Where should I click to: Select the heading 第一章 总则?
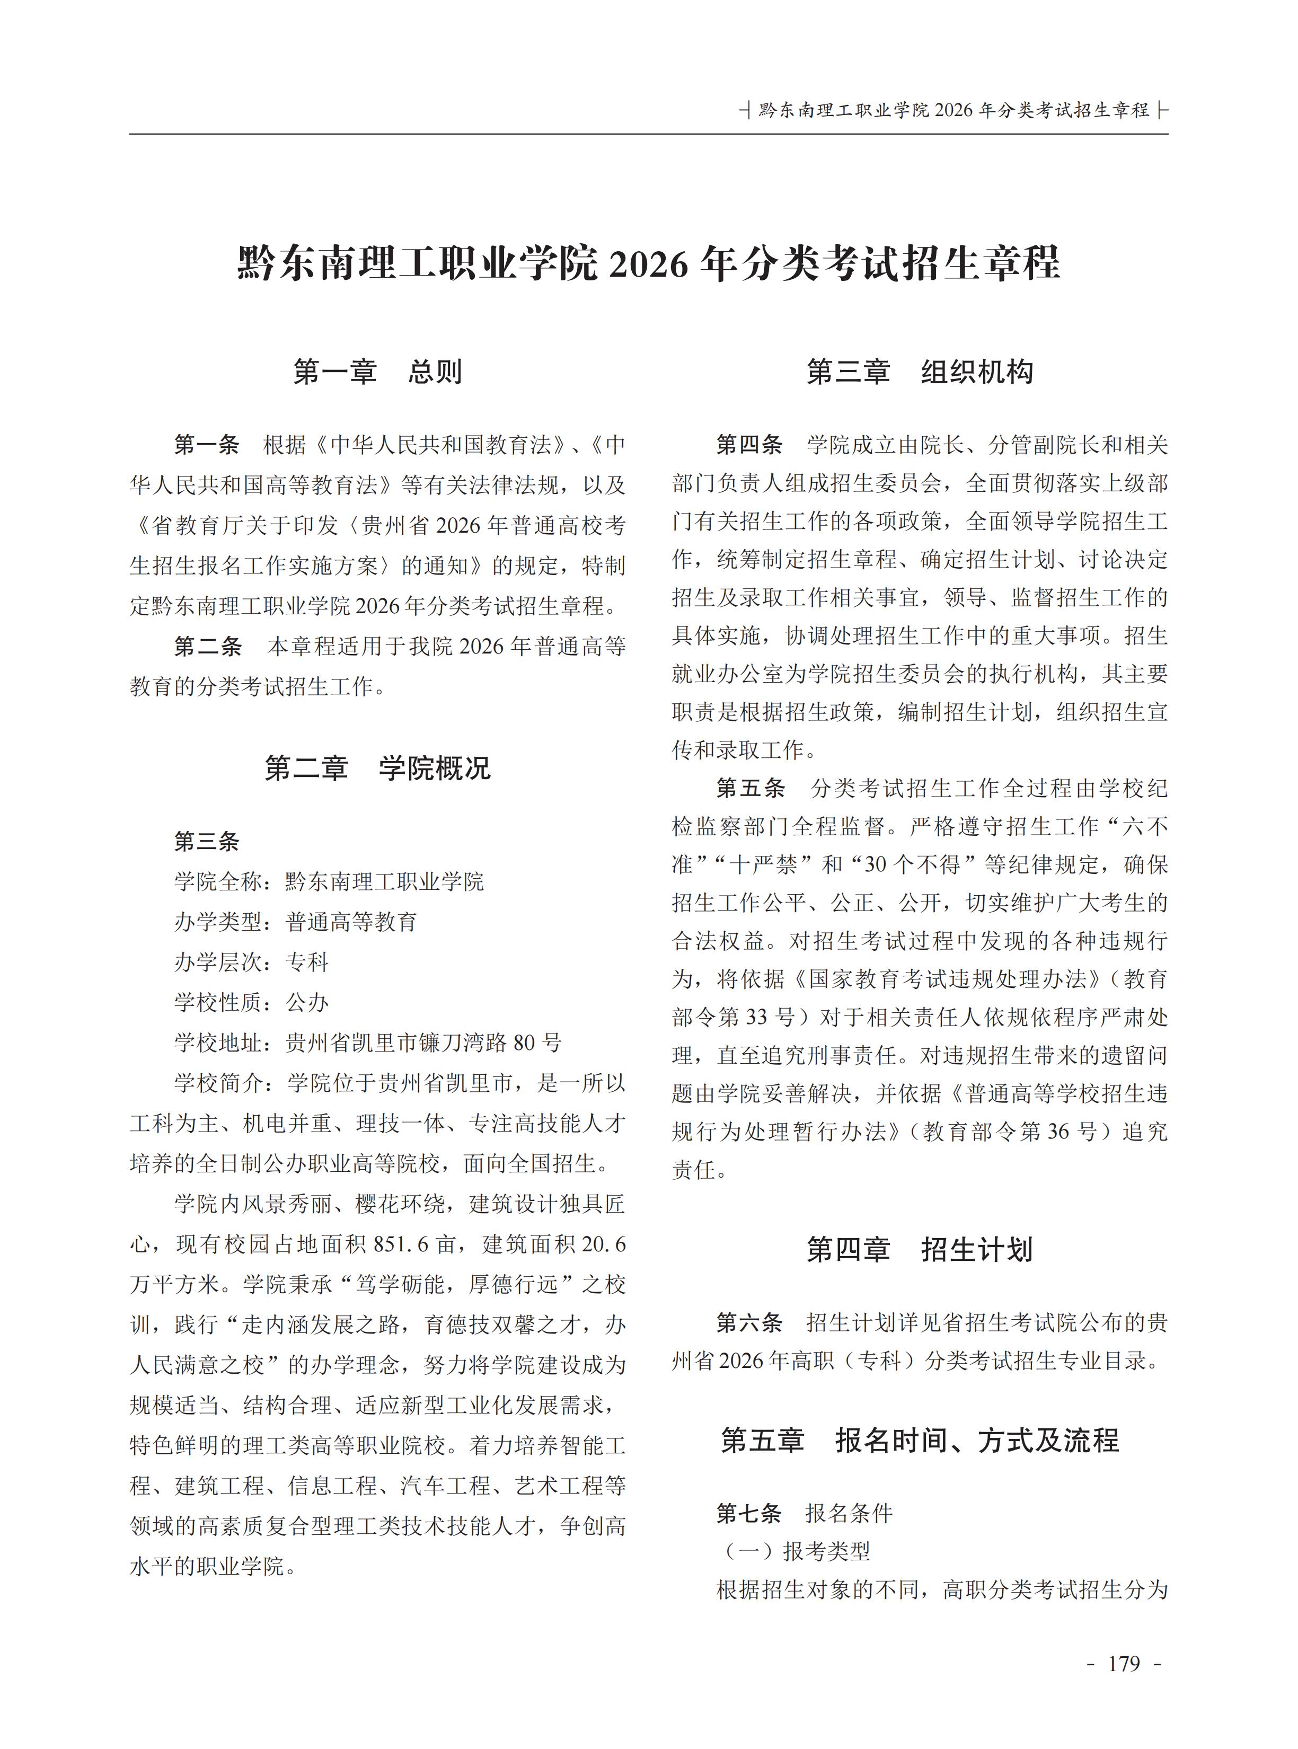377,372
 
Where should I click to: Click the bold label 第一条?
207,445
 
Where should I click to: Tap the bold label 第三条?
207,842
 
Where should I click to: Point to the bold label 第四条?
749,445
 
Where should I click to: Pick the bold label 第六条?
749,1322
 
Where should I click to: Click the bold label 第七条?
749,1513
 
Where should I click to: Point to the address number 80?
524,1043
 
